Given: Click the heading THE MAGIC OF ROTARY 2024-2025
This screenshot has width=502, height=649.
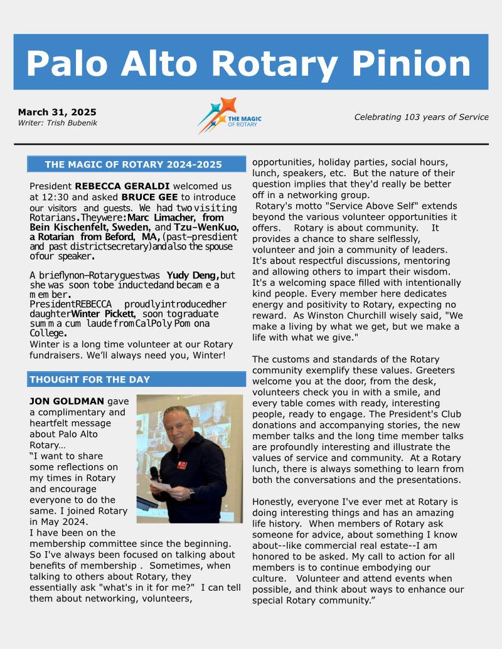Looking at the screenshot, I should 133,165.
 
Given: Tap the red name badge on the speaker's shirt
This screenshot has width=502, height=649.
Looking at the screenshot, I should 182,465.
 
